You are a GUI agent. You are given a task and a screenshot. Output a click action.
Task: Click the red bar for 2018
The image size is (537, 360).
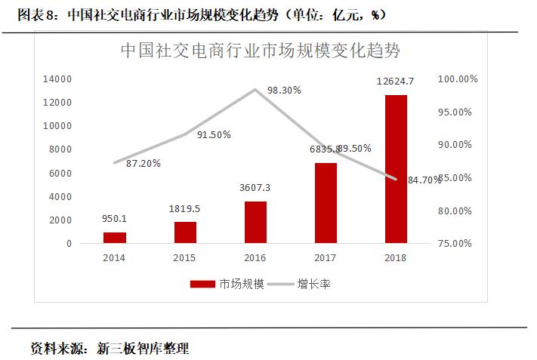pyautogui.click(x=396, y=169)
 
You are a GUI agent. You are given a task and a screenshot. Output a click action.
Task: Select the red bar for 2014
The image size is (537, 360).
pyautogui.click(x=115, y=238)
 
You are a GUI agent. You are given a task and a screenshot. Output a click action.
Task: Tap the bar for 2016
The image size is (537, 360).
pyautogui.click(x=255, y=222)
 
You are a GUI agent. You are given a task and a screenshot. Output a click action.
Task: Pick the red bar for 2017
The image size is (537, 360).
pyautogui.click(x=326, y=203)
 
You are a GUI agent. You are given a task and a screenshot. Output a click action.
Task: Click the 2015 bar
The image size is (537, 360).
pyautogui.click(x=185, y=232)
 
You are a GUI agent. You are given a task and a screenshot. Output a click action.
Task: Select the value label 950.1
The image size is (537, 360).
pyautogui.click(x=115, y=219)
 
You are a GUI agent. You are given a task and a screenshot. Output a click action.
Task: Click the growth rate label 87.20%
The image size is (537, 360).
pyautogui.click(x=143, y=163)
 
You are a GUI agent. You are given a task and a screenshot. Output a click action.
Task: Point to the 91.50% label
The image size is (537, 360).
pyautogui.click(x=214, y=134)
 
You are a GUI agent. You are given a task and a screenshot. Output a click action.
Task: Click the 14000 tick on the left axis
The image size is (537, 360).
pyautogui.click(x=57, y=78)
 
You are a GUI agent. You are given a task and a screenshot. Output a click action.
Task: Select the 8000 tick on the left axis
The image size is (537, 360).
pyautogui.click(x=60, y=149)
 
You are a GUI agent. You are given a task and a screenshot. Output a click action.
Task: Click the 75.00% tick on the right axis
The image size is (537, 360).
pyautogui.click(x=455, y=244)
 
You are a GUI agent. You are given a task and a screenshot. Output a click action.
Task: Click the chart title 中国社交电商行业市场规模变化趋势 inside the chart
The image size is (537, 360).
pyautogui.click(x=261, y=51)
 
